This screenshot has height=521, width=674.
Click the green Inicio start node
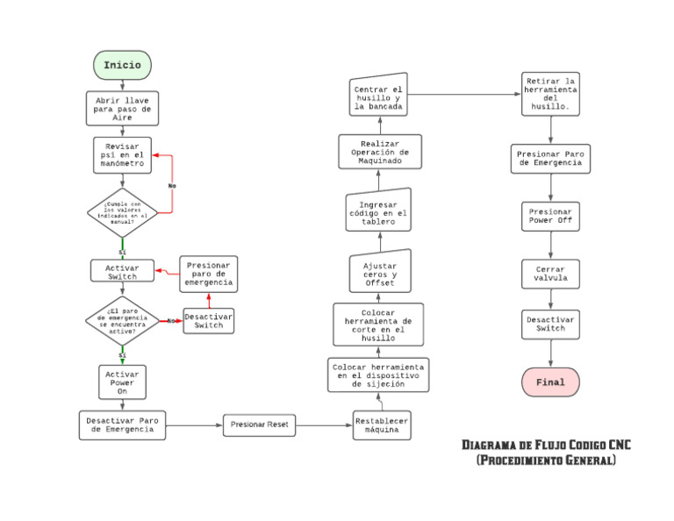122,65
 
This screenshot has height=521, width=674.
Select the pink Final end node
550,382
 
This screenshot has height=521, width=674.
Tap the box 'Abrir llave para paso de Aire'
122,108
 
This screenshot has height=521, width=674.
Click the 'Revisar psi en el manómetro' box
122,155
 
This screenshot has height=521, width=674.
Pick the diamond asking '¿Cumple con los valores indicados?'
122,213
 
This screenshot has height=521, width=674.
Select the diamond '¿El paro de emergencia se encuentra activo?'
122,321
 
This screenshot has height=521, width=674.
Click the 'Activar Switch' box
122,271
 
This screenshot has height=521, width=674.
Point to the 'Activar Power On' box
122,383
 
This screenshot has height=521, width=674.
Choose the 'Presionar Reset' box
259,425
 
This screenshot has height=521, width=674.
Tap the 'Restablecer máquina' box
382,425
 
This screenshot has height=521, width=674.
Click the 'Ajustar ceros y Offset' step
379,275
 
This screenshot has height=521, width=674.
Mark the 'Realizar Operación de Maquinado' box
379,152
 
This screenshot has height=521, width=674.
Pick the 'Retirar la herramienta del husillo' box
550,94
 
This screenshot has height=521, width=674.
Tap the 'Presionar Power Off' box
550,217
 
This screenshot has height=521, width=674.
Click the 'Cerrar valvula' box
550,274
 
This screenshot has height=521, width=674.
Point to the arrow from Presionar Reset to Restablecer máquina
324,426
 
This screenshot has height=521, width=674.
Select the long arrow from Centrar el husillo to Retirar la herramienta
465,94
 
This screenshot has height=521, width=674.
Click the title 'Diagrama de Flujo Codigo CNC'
546,446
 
